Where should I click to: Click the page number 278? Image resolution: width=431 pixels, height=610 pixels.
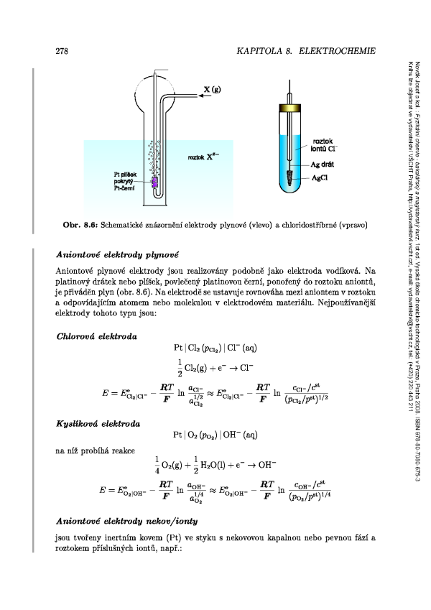tap(61, 52)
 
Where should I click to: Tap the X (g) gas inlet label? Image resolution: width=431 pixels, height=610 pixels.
tap(211, 89)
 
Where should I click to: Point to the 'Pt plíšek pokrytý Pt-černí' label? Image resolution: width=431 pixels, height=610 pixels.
tap(127, 181)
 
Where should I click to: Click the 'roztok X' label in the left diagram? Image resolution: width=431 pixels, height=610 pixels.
tap(198, 156)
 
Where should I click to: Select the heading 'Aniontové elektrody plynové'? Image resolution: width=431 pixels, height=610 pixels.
tap(117, 254)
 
